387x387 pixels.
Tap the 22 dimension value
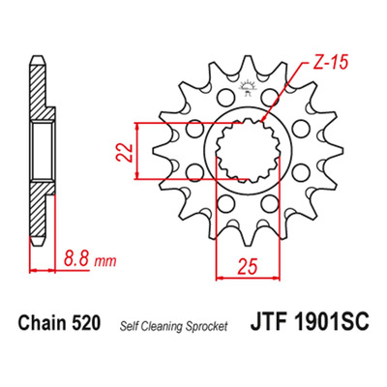click(125, 152)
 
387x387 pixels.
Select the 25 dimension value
click(248, 266)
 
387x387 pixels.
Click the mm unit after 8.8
click(104, 261)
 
